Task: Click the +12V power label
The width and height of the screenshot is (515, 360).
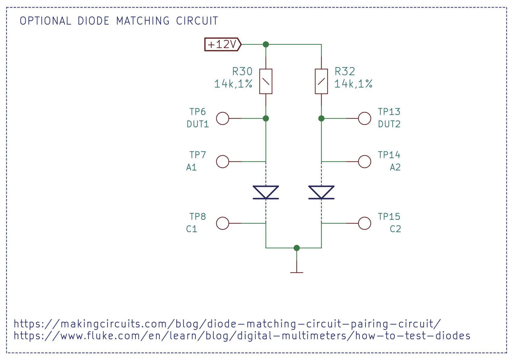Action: pos(222,44)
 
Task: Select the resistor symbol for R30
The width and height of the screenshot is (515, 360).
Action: pos(266,82)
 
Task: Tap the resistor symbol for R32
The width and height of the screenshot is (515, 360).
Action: pos(321,82)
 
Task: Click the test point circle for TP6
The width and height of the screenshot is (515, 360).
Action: pos(223,118)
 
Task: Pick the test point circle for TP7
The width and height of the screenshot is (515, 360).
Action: pos(223,162)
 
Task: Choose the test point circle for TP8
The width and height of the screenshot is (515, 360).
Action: pos(223,223)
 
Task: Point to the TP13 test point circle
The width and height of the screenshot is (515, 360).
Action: pos(364,118)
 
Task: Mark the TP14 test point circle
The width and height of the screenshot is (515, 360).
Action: pos(364,162)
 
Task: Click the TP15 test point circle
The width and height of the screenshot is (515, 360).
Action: pos(364,223)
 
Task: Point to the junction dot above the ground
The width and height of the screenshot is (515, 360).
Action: pos(296,248)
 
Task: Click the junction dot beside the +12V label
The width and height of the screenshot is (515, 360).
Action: pos(266,44)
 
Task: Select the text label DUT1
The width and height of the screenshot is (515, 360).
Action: pos(198,124)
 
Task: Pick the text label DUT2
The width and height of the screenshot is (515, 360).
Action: pos(389,124)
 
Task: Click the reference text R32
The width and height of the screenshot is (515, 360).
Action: pos(345,72)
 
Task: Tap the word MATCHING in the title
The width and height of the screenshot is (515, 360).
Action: pos(143,21)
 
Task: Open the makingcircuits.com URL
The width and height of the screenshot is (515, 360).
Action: pos(227,324)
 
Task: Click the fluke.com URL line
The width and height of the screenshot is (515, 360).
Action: pos(242,336)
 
